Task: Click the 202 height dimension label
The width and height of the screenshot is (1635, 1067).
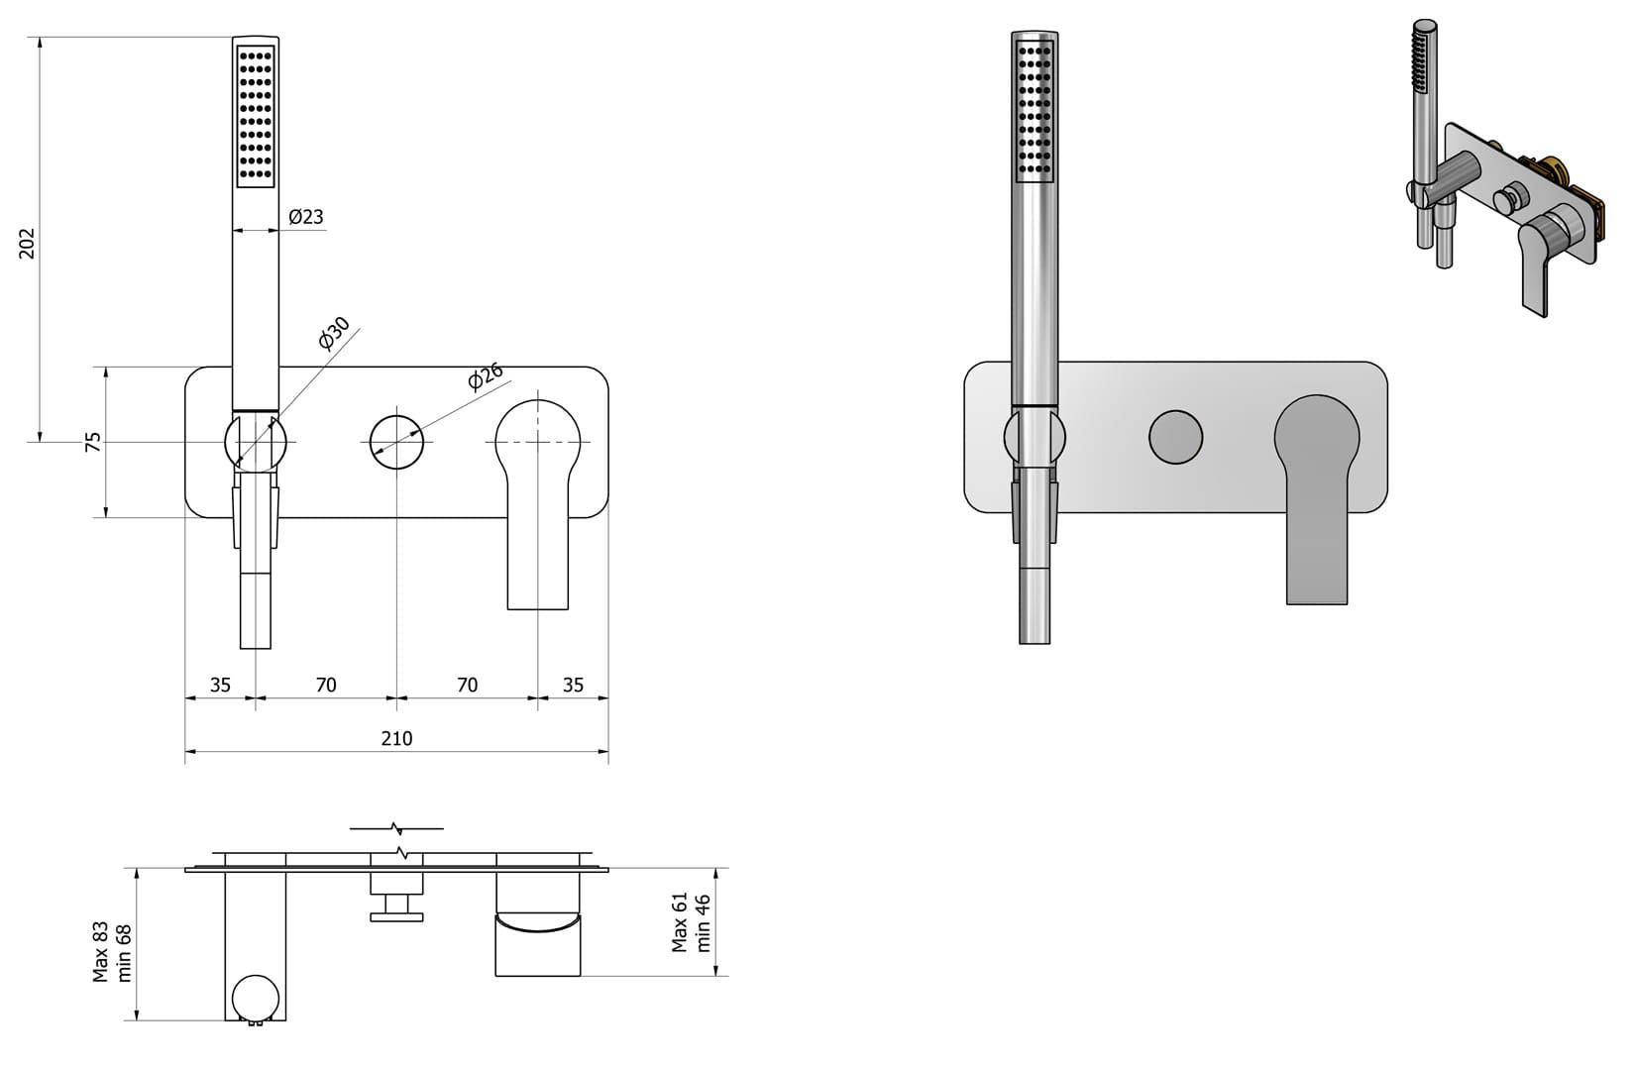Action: tap(28, 244)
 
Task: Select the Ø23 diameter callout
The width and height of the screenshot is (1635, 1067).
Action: tap(306, 216)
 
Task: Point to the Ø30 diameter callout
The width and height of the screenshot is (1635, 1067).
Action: tap(334, 334)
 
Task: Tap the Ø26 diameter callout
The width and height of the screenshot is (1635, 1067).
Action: tap(486, 377)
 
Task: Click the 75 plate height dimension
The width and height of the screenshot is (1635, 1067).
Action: tap(94, 442)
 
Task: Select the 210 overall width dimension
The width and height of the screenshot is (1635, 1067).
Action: tap(396, 738)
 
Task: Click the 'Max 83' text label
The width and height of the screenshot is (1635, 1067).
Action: tap(101, 952)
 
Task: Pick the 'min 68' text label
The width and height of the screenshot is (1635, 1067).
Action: tap(125, 952)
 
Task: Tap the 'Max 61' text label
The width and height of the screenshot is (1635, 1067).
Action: tap(680, 922)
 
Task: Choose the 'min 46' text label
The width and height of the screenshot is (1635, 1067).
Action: tap(704, 922)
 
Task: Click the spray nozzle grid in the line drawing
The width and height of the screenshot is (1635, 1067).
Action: tap(256, 114)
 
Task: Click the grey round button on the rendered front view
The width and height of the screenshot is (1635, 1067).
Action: tap(1175, 436)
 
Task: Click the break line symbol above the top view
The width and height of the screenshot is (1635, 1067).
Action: tap(396, 828)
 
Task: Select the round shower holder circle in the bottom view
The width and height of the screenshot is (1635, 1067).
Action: tap(257, 998)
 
